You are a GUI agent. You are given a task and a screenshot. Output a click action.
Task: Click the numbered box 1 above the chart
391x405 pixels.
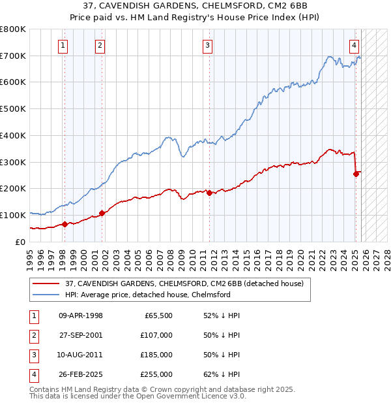63,46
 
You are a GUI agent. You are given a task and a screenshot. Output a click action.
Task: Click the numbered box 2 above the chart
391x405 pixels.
100,46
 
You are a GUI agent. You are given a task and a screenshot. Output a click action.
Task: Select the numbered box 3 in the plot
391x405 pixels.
207,46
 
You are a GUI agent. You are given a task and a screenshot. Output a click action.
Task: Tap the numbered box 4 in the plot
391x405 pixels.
353,46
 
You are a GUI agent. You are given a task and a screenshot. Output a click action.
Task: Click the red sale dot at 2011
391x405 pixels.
209,193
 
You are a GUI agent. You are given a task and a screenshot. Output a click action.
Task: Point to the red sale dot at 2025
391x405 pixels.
356,174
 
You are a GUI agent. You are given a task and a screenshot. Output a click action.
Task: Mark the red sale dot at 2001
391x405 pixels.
102,213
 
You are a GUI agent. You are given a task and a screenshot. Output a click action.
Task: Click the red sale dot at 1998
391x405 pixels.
65,224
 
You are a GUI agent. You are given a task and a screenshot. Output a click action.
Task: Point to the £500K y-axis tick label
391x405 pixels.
13,109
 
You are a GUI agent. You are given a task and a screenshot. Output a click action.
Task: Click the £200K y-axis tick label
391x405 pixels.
13,189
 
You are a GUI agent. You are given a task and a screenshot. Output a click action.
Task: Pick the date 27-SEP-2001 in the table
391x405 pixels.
81,335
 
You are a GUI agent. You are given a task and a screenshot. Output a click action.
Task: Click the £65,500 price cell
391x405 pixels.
158,316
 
